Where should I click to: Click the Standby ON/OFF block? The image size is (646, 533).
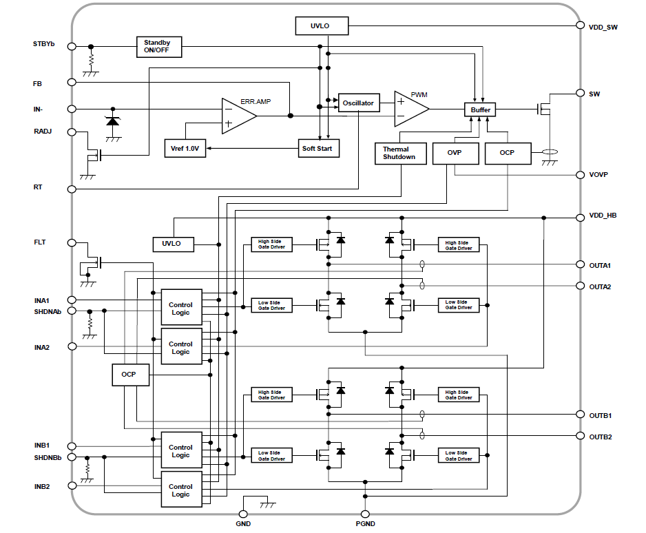pos(158,47)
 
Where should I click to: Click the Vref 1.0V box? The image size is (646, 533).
pos(185,148)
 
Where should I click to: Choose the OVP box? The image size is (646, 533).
pos(455,153)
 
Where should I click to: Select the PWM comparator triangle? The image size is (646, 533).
pos(408,109)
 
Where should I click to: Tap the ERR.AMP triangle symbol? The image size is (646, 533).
pos(236,115)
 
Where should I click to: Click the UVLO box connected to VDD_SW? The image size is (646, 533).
pos(320,26)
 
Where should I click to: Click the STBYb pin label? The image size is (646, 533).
pos(43,44)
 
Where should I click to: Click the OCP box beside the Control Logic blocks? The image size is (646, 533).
pos(129,375)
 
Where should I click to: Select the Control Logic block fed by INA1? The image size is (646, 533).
pos(180,308)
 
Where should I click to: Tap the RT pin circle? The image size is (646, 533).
pos(72,189)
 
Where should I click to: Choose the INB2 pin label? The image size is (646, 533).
pos(42,486)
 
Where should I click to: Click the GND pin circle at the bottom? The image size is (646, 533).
pos(242,513)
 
